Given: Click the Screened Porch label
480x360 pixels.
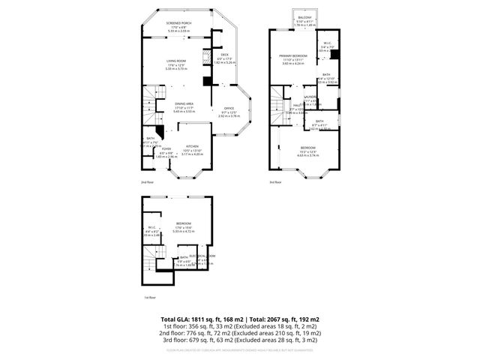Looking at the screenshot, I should coord(179,23).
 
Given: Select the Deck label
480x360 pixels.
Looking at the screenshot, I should coord(224,54).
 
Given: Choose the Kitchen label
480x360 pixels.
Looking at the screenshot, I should coord(192,146).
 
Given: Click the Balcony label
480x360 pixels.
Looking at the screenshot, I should coord(304,17).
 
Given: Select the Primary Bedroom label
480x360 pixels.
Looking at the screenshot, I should coord(293,56).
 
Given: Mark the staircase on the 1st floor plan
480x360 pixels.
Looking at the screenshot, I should coord(153,260).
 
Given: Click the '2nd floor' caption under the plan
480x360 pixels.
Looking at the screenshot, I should coord(148,182).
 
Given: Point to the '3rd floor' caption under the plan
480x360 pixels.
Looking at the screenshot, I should coord(276,182).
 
